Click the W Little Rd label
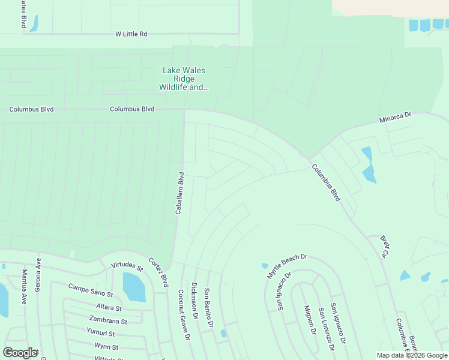(x=131, y=34)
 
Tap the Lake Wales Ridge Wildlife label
(x=184, y=79)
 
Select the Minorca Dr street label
(x=395, y=118)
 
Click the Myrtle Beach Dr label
(x=287, y=266)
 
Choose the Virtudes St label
(x=127, y=266)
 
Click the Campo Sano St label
(x=91, y=290)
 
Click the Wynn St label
(x=106, y=346)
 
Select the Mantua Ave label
(x=25, y=287)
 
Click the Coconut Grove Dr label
(x=184, y=315)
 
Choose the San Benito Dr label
(x=208, y=308)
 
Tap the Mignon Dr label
(x=309, y=319)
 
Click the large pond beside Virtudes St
(x=133, y=287)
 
